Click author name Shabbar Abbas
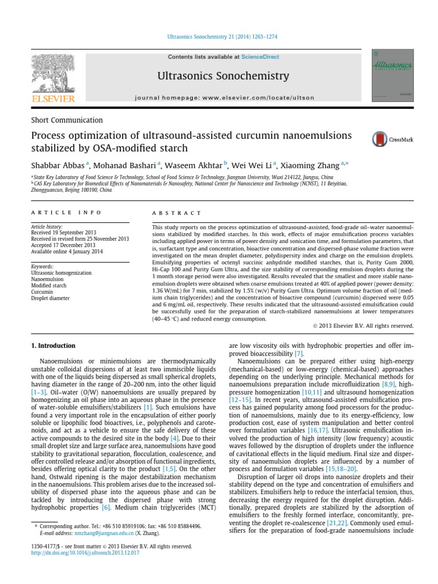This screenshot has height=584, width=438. tap(56, 164)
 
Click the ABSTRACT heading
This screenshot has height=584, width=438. tap(177, 213)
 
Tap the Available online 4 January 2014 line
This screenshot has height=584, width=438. tap(67, 252)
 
